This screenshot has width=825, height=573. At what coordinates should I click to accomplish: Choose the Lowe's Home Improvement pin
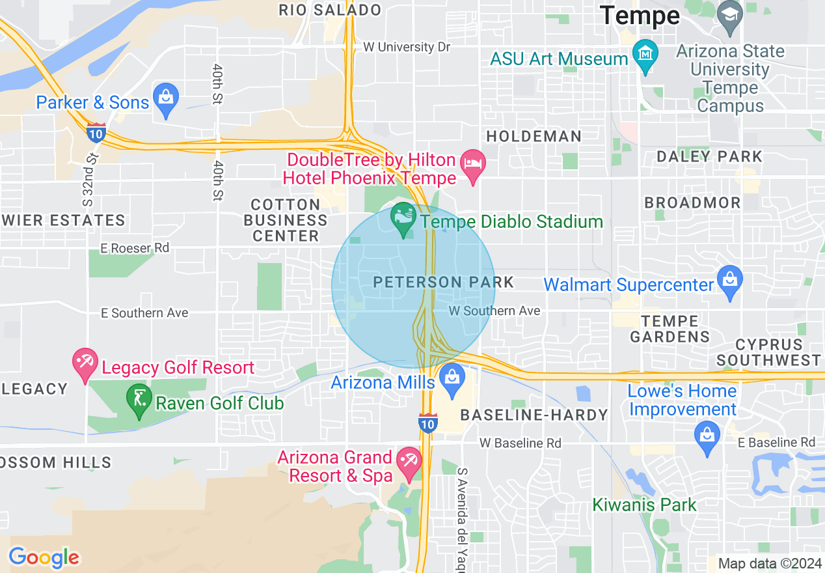(x=707, y=436)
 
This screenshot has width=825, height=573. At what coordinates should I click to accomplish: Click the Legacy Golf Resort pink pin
(x=85, y=364)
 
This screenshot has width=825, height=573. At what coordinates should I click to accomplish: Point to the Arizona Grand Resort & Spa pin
(x=409, y=463)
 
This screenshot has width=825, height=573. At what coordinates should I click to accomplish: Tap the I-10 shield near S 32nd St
(x=96, y=132)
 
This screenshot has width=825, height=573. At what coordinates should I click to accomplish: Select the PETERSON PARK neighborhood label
(x=444, y=282)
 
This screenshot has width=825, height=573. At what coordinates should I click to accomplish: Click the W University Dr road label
(x=407, y=47)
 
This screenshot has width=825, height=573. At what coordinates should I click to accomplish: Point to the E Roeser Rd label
(x=135, y=248)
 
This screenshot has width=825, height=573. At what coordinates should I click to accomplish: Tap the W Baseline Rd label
(x=521, y=443)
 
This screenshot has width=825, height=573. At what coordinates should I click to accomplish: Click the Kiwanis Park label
(x=644, y=505)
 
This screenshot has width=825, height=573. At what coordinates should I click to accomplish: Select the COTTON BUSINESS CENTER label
(x=286, y=220)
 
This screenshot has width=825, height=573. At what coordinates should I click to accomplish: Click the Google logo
(x=44, y=558)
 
